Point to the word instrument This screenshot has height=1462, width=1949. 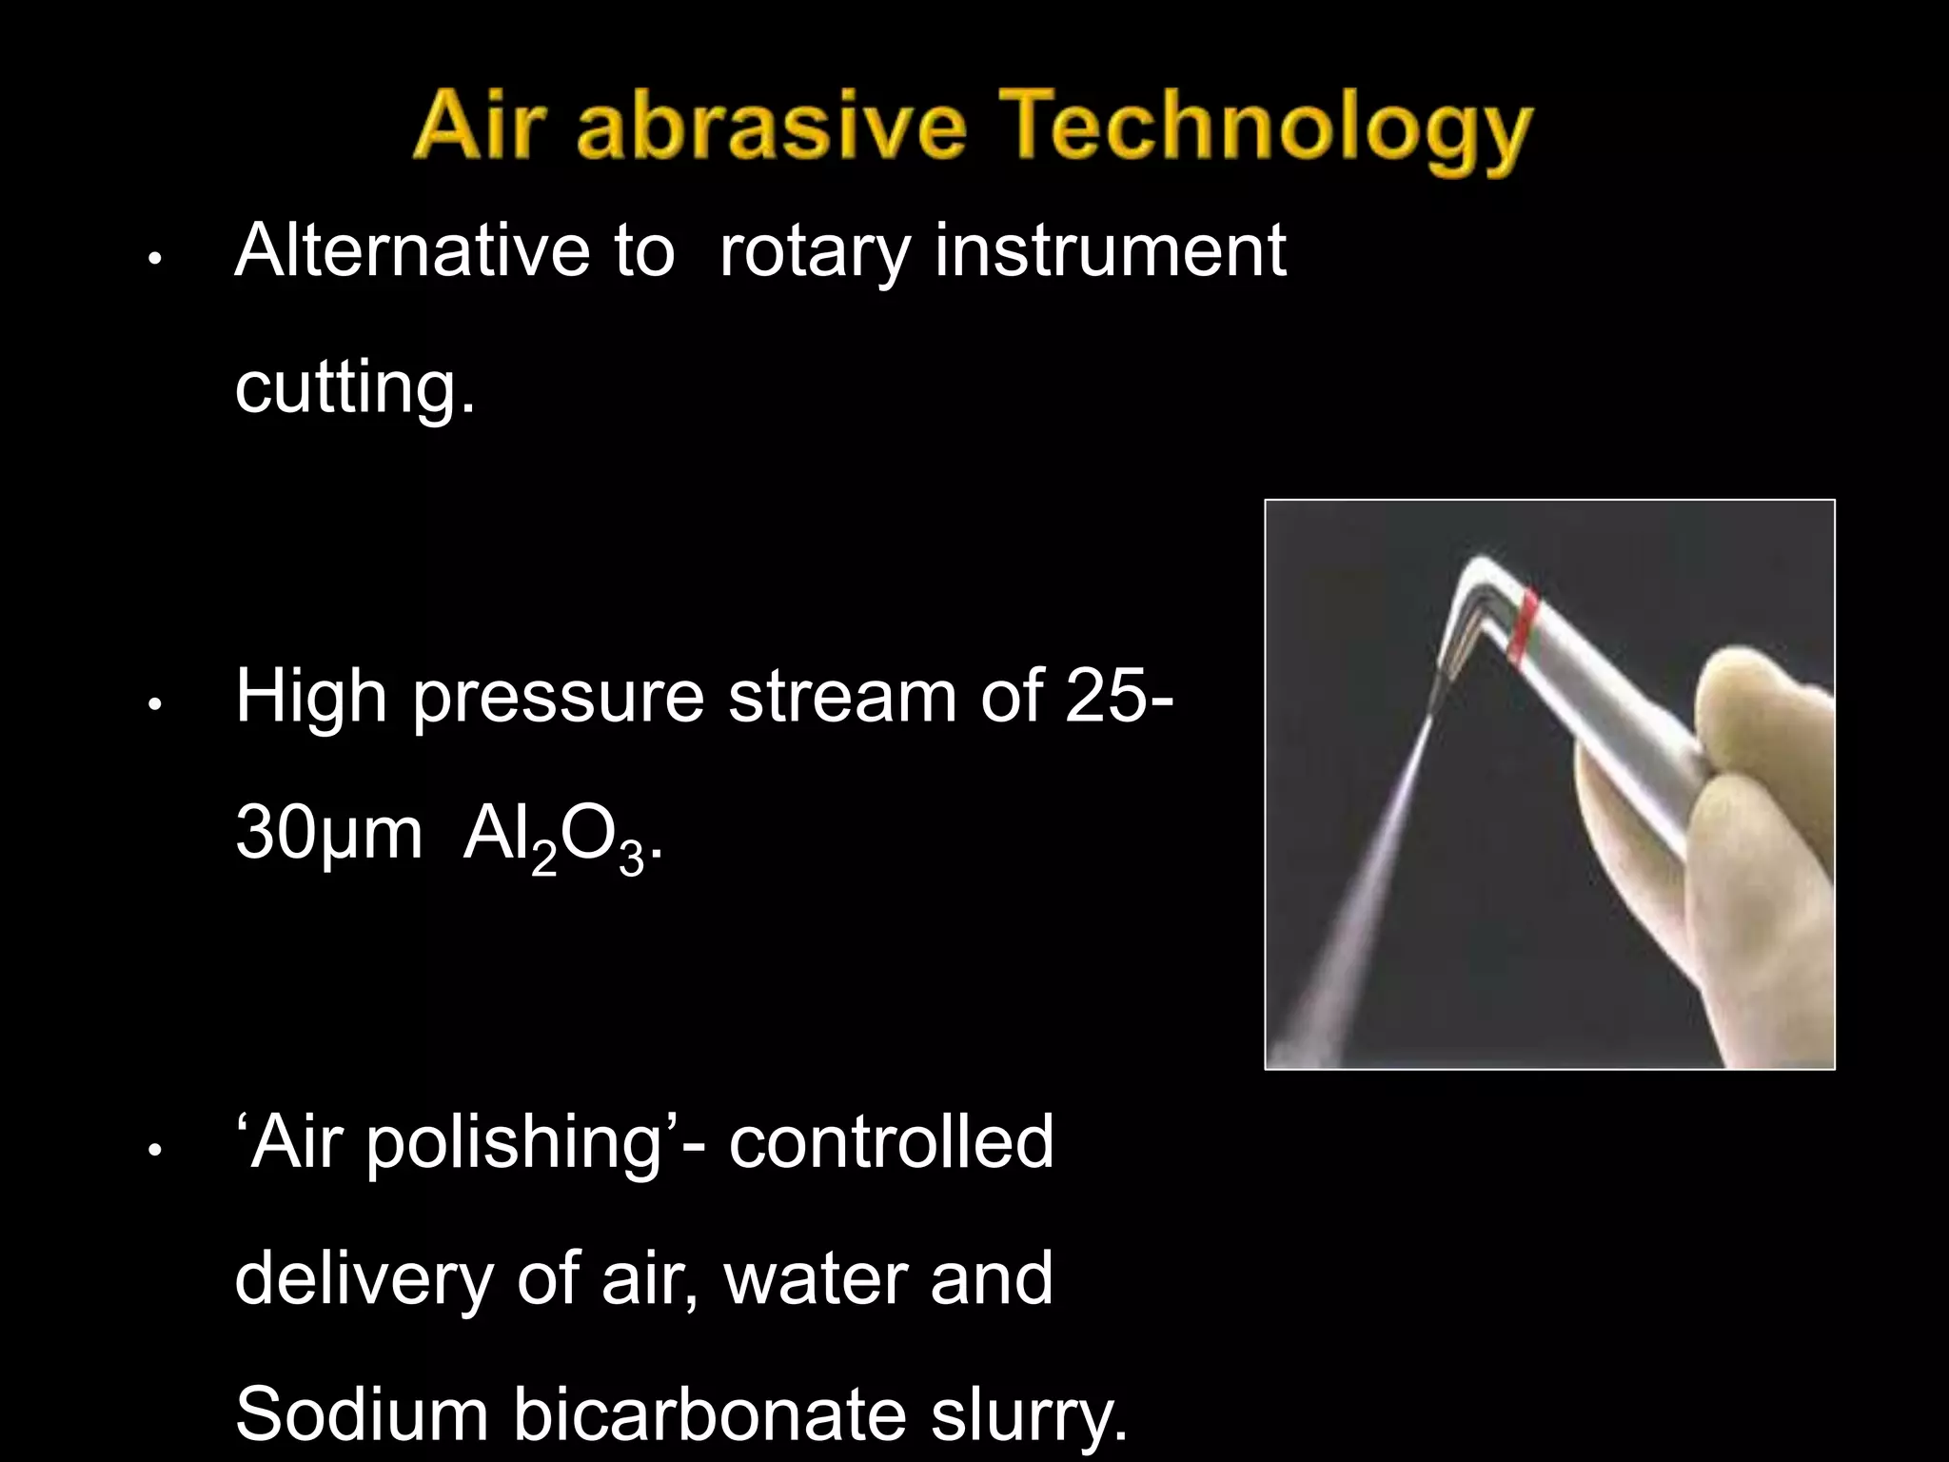pos(1110,250)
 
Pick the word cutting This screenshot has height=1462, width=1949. pos(353,387)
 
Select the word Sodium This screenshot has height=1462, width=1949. pos(362,1414)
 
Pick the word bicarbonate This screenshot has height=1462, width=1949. pos(709,1414)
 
